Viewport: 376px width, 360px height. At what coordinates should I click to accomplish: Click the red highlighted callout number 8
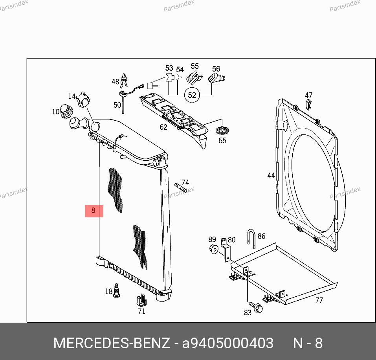(x=94, y=211)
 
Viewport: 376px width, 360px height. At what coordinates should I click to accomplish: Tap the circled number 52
(x=192, y=95)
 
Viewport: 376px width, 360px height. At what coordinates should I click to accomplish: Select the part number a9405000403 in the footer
(x=227, y=343)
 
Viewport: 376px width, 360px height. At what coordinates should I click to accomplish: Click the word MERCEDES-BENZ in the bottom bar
(x=112, y=343)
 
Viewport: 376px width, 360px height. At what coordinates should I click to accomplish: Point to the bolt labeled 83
(x=256, y=307)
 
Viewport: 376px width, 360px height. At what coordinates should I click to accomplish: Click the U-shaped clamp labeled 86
(x=251, y=239)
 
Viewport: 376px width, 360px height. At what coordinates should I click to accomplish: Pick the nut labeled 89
(x=213, y=249)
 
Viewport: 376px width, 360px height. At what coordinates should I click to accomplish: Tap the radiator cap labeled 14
(x=83, y=99)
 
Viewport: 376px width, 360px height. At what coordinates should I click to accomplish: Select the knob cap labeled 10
(x=66, y=111)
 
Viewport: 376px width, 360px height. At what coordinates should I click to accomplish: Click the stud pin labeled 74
(x=181, y=188)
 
